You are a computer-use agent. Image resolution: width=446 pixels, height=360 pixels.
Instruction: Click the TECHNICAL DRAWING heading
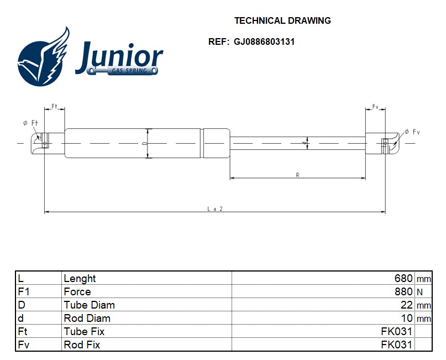coord(282,21)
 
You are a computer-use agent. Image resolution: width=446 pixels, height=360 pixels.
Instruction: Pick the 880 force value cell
coord(403,291)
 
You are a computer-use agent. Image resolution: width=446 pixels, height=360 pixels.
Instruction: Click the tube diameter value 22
coord(407,305)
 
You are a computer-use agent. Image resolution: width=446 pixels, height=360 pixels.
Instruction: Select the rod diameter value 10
coord(407,318)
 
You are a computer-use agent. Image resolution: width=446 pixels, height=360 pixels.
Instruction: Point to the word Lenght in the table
coord(80,278)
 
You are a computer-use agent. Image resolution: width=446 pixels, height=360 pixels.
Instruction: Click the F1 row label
coord(23,291)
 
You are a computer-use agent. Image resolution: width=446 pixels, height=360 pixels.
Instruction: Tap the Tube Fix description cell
coord(84,331)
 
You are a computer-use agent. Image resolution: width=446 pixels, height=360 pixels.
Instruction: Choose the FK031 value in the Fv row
coord(396,345)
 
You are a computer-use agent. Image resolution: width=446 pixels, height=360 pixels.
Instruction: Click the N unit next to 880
coord(419,292)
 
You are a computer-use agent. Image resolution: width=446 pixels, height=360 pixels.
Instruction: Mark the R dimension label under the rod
coord(297,175)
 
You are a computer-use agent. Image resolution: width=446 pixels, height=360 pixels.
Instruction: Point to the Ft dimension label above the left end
coord(54,106)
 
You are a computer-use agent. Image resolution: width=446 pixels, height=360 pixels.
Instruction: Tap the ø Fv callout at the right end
coord(412,132)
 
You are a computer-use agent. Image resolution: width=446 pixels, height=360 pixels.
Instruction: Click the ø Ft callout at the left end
coord(30,123)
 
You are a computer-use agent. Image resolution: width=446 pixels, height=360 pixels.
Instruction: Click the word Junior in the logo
coord(119,56)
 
